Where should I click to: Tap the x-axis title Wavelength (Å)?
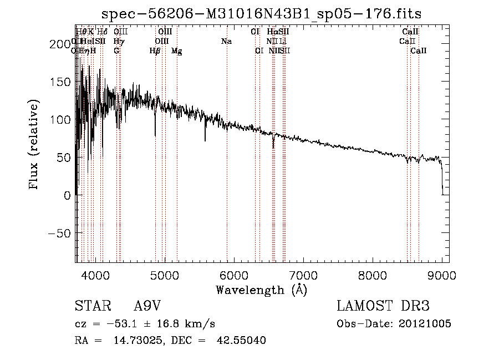[261, 290]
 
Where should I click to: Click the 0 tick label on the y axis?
[67, 196]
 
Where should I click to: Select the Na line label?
[226, 42]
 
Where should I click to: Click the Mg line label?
[177, 51]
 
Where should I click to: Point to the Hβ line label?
[155, 51]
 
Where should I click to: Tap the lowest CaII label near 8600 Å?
[419, 51]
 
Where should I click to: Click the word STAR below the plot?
[92, 306]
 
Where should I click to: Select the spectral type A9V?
[147, 306]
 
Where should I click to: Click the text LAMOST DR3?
[383, 306]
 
